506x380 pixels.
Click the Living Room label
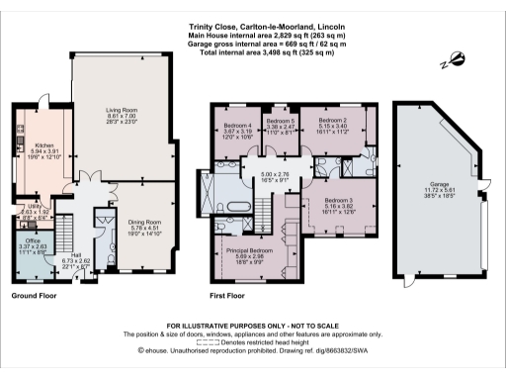click(126, 111)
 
